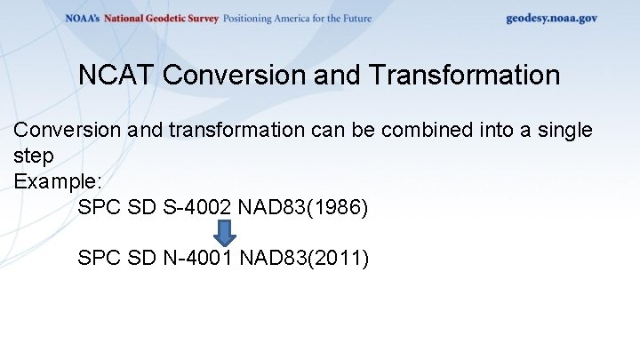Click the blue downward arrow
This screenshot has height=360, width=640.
coord(226,234)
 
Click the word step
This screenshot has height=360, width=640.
coord(34,156)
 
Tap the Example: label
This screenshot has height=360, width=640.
coord(58,181)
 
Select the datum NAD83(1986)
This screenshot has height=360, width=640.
coord(303,208)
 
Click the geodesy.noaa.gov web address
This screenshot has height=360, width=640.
coord(551,18)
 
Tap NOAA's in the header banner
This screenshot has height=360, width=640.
coord(83,18)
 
